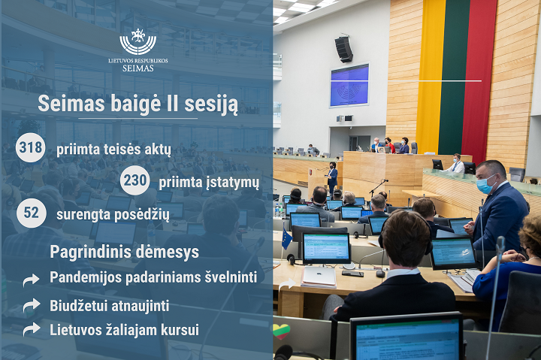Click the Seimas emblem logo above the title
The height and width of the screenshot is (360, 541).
(138, 41)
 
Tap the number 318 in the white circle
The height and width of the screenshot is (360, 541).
(31, 147)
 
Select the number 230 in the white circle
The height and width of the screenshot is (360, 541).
(135, 180)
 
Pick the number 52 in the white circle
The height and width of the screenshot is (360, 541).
(32, 213)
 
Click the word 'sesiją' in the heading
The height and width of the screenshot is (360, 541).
(211, 104)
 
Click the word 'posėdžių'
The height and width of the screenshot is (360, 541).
(141, 215)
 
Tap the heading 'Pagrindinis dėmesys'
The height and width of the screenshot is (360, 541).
(125, 252)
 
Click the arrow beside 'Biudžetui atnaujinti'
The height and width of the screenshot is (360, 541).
(32, 306)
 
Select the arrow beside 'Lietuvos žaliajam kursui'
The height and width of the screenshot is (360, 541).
(32, 329)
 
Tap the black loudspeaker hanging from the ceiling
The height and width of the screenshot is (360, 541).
(343, 50)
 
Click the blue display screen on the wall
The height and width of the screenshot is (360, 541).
(349, 85)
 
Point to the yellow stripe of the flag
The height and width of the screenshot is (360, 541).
(430, 77)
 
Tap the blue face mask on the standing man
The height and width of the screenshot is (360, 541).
(485, 184)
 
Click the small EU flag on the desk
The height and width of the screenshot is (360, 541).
(286, 239)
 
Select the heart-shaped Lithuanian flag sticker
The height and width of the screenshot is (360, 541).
(281, 331)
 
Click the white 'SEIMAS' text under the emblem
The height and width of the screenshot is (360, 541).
(138, 68)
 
